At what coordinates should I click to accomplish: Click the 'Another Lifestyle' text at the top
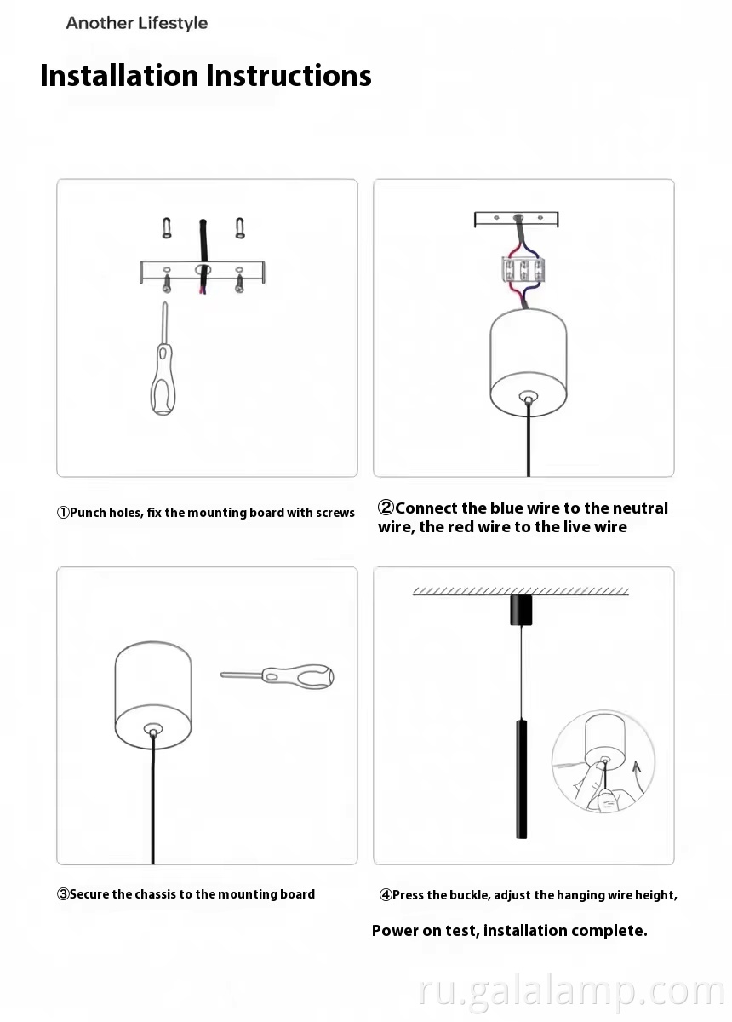point(136,24)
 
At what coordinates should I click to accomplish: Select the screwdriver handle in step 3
point(302,678)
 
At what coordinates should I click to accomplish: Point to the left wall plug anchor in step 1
point(167,228)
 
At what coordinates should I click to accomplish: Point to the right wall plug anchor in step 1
point(240,228)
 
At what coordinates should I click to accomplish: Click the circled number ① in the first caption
point(63,513)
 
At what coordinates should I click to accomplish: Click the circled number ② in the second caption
point(386,508)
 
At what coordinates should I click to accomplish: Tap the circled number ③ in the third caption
point(63,894)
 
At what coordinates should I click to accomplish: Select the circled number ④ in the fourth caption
point(386,895)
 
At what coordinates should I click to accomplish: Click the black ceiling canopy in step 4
point(520,610)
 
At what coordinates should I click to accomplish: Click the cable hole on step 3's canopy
point(152,730)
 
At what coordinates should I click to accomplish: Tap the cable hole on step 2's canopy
point(529,397)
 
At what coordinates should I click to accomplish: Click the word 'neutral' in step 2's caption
point(640,508)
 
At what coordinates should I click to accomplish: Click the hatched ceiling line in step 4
point(520,591)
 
